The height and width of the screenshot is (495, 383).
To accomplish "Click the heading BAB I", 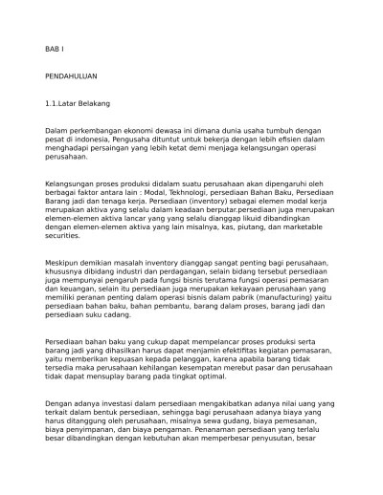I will (56, 48).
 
